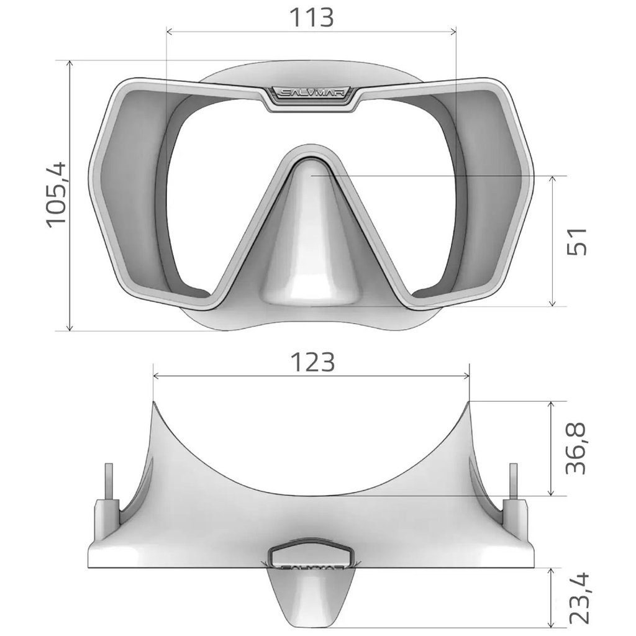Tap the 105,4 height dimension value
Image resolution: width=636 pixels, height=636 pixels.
(56, 194)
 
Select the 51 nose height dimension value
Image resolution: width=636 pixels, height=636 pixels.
(576, 241)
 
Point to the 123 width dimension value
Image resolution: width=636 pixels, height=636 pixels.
(313, 362)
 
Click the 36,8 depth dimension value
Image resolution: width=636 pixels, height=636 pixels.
(576, 448)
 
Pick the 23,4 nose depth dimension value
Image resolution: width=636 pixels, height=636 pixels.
(579, 598)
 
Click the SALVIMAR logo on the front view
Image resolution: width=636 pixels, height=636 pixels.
(312, 93)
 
